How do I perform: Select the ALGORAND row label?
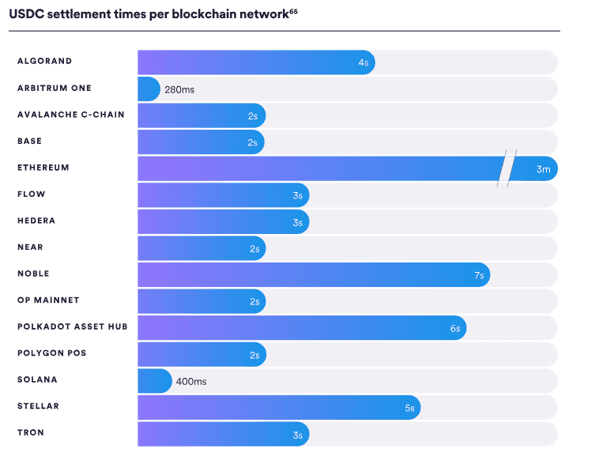[x=45, y=62]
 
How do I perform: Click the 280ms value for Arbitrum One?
[x=179, y=89]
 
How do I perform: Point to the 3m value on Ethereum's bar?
[x=543, y=168]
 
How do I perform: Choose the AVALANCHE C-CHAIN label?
[x=71, y=115]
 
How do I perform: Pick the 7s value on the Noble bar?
[x=479, y=274]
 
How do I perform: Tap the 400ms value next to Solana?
[x=190, y=381]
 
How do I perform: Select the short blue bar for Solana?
[x=154, y=380]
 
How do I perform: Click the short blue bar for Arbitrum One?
[x=149, y=89]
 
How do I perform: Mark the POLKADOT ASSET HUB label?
[x=73, y=327]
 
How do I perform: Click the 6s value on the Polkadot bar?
[x=455, y=328]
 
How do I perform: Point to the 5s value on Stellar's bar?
[x=409, y=408]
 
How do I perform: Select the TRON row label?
[x=31, y=432]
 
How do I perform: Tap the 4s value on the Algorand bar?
[x=364, y=62]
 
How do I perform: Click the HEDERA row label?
[x=36, y=221]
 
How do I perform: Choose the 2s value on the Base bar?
[x=253, y=142]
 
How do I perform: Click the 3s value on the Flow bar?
[x=298, y=195]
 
